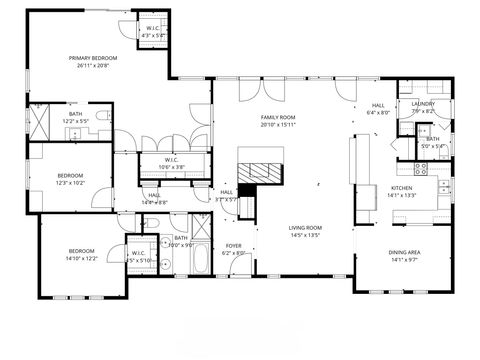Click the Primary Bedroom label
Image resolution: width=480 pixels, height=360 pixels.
(93, 58)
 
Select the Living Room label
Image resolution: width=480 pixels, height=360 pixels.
(305, 228)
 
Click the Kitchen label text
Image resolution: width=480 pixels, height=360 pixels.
(402, 188)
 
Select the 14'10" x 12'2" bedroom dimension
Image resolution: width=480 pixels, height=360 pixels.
(82, 258)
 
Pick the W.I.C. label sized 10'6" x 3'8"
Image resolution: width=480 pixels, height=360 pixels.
(172, 166)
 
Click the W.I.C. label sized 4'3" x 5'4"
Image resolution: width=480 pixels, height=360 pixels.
(155, 35)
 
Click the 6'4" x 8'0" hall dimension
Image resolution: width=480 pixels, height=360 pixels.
(377, 113)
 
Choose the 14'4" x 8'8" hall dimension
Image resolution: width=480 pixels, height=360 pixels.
(154, 202)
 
